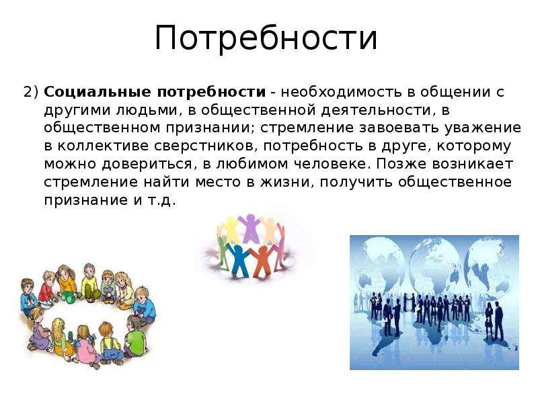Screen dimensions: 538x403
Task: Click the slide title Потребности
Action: point(266,38)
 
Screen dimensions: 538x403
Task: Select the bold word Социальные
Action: point(98,92)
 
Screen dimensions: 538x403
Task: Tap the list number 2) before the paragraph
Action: point(31,92)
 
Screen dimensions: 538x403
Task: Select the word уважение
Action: point(483,128)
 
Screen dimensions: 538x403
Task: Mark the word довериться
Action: point(149,164)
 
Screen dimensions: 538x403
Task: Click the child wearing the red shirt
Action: point(47,288)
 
